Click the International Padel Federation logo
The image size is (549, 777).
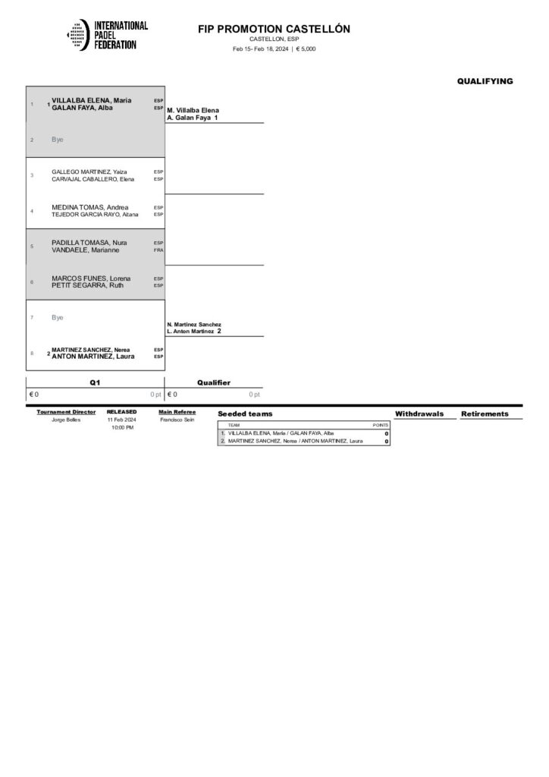pos(107,35)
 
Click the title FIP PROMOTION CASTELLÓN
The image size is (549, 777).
pos(274,29)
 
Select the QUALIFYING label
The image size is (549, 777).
pos(485,81)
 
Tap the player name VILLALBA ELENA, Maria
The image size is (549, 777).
pos(92,100)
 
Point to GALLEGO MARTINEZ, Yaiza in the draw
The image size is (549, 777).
pos(83,172)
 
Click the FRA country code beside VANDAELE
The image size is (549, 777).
pos(158,250)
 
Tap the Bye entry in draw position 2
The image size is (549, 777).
pos(58,140)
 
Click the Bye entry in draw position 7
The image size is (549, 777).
pos(58,317)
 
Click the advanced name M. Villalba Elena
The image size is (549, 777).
pos(193,111)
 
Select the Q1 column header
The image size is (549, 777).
pos(95,383)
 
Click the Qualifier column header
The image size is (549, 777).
pos(214,383)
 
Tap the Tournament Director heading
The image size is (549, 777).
pos(66,412)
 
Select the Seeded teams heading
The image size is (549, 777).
pos(245,414)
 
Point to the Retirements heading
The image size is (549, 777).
pos(485,414)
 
